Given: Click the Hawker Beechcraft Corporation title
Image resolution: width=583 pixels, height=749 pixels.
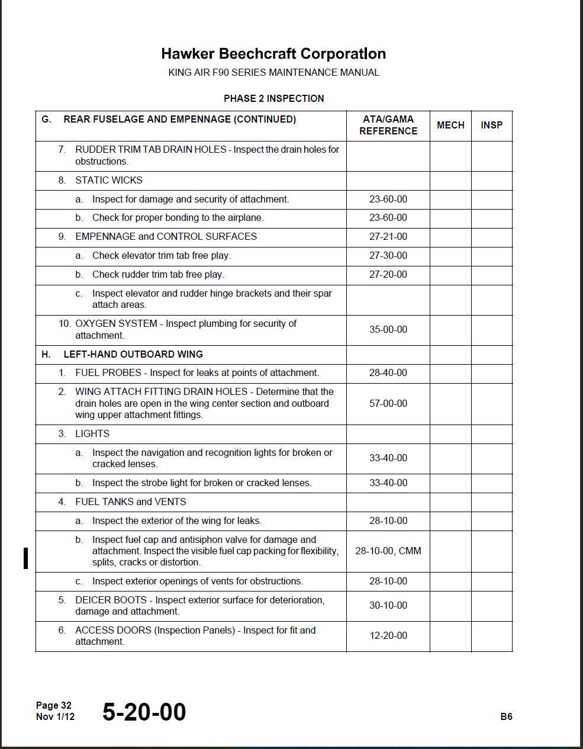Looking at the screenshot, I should coord(273,54).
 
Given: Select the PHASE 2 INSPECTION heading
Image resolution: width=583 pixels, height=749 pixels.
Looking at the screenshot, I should coord(273,98).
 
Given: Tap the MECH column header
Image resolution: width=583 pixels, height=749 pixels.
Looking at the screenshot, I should coord(450,125).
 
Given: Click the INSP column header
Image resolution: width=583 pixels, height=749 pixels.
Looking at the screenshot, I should coord(491,125).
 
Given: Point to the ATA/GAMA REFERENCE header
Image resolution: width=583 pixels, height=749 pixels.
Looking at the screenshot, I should coord(388,125).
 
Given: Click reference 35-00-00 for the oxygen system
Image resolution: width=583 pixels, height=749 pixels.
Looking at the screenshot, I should coord(388,330).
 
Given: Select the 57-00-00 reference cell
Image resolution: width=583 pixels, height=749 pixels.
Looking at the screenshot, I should coord(388,404).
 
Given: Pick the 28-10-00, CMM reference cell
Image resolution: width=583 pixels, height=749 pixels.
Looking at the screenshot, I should coord(388,551).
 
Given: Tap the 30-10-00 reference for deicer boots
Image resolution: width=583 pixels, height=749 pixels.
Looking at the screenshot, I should coord(388,606).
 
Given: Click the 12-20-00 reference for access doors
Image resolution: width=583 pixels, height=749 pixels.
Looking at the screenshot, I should coord(388,636).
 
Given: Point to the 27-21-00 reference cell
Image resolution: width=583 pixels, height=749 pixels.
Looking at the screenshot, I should coord(388,237).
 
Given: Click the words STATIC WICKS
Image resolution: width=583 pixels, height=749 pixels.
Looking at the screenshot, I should coord(109,181).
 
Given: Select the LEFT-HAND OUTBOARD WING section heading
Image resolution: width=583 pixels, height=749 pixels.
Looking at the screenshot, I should coord(133,355).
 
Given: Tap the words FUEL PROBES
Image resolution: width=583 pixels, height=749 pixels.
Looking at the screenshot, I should coord(108,373).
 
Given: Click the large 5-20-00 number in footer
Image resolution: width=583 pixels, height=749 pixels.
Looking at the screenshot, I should coord(144,712).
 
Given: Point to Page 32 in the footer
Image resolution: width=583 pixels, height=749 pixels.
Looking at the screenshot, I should coord(54,705).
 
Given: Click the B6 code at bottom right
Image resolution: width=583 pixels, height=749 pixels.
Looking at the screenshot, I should coord(506,716).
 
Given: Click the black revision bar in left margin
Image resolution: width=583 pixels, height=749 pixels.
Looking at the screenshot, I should coord(25,558).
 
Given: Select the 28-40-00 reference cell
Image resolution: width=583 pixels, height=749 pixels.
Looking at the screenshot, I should coord(388,373).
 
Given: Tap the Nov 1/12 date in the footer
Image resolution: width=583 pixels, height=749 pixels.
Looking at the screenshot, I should coord(56,716).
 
